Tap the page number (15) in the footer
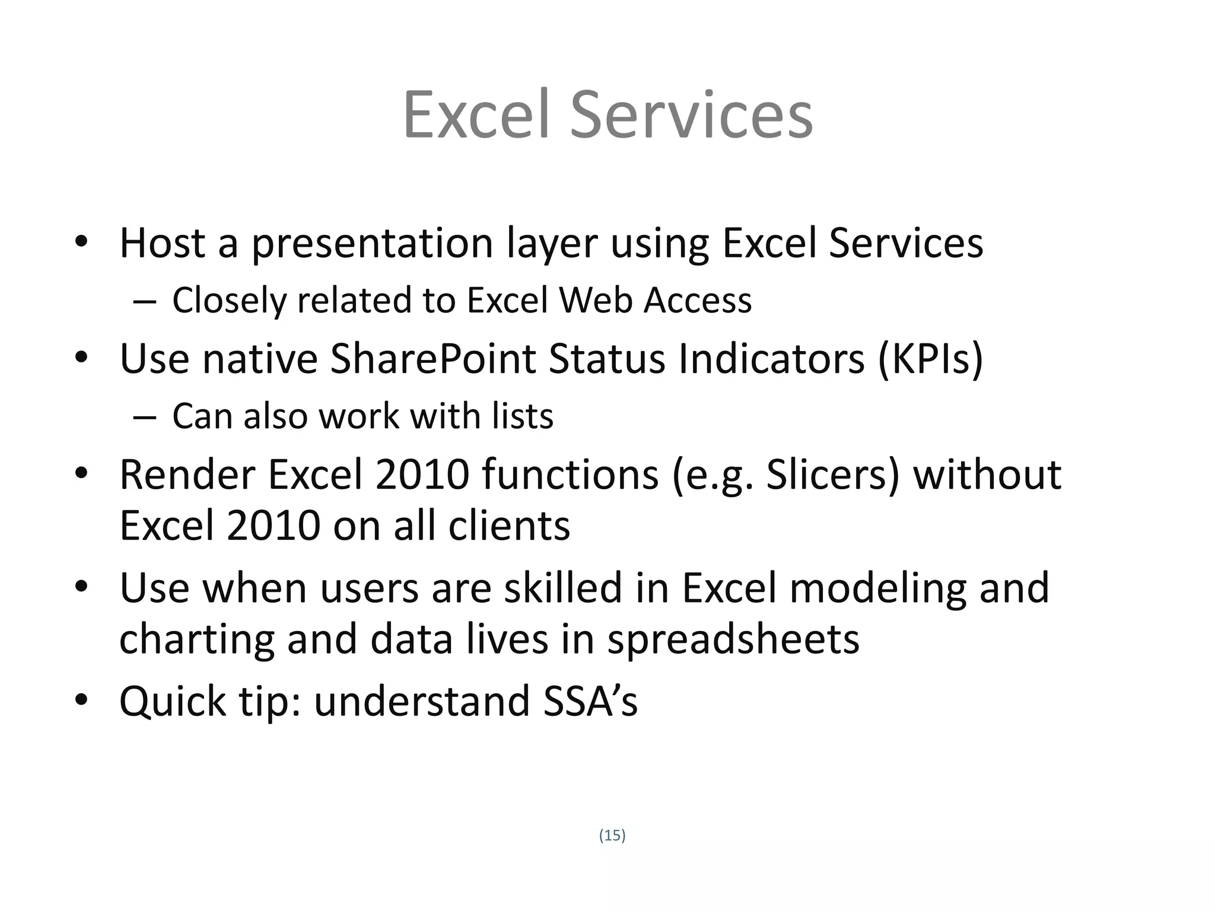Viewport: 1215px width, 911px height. coord(612,836)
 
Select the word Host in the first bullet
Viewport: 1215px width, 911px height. coord(162,243)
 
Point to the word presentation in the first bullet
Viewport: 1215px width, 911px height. coord(373,244)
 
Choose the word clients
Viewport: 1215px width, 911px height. coord(509,527)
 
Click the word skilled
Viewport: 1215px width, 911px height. coord(563,588)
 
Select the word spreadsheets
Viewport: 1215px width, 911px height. coord(733,640)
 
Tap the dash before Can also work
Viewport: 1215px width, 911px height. coord(145,417)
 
